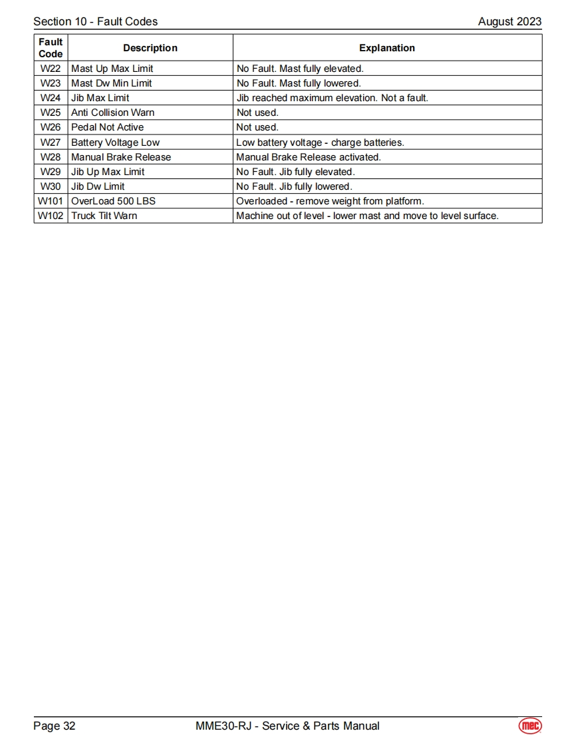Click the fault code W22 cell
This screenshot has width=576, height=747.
click(51, 69)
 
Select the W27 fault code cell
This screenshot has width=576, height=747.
click(51, 142)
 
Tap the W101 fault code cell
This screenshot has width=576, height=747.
click(51, 201)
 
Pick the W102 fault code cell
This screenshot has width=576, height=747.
click(51, 216)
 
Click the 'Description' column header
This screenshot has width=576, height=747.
click(150, 48)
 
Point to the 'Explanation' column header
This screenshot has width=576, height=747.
click(387, 48)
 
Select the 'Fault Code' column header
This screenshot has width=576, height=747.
click(51, 48)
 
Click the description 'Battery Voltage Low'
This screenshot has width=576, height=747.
click(115, 142)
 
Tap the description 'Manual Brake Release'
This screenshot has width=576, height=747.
click(121, 157)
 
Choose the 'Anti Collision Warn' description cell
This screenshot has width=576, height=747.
click(112, 113)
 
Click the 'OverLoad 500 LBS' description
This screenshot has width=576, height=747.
click(113, 201)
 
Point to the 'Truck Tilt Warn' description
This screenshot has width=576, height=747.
click(104, 216)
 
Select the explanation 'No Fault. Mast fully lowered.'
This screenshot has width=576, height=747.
click(299, 83)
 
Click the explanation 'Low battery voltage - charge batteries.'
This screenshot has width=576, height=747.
click(320, 142)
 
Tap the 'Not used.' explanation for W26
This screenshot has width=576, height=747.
click(257, 127)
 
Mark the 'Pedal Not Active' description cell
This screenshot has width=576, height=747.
click(107, 127)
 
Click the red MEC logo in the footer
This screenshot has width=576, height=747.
click(530, 726)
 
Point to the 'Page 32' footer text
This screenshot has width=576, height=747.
click(55, 726)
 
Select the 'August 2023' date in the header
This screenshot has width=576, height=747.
click(509, 21)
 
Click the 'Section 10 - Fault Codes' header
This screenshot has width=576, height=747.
click(96, 21)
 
